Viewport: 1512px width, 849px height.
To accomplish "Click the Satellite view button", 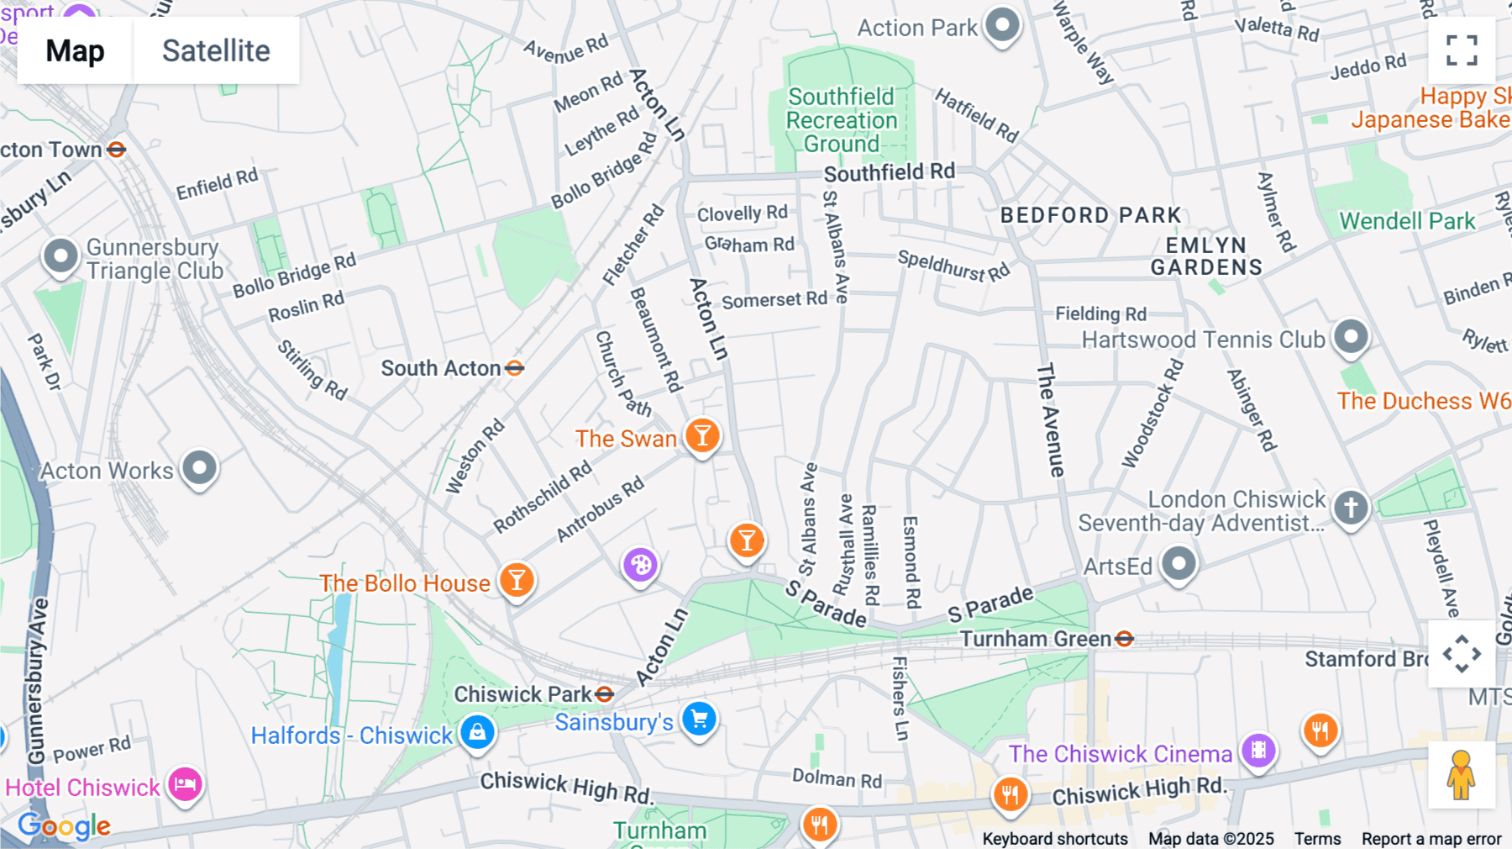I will point(216,50).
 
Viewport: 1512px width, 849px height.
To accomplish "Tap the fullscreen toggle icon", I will point(1462,50).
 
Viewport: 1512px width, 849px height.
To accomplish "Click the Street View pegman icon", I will point(1461,774).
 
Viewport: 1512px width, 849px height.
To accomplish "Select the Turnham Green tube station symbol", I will point(1124,640).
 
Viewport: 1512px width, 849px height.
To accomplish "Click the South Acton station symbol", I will point(515,368).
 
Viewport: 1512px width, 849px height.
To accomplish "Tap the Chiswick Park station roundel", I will point(604,694).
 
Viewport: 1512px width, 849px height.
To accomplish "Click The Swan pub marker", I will point(702,436).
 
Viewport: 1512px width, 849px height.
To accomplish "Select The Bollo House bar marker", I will point(517,581).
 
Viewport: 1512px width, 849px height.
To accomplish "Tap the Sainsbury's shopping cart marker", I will point(699,720).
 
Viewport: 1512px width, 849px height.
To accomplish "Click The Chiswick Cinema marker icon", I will point(1258,750).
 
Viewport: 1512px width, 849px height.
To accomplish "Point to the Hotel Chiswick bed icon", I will point(185,785).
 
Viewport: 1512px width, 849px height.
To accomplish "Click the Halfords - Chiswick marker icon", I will point(477,731).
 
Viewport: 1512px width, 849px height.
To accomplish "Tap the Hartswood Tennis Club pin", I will point(1351,337).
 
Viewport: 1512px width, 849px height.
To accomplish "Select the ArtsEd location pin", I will point(1179,564).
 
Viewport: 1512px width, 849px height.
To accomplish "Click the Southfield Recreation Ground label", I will point(842,120).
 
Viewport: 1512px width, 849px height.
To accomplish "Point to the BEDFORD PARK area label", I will point(1090,215).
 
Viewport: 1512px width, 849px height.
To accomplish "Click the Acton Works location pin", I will point(199,467).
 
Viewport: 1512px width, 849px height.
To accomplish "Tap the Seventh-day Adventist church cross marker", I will point(1351,508).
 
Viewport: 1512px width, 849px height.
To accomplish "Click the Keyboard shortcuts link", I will point(1055,839).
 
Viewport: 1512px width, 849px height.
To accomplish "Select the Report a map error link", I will point(1431,839).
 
